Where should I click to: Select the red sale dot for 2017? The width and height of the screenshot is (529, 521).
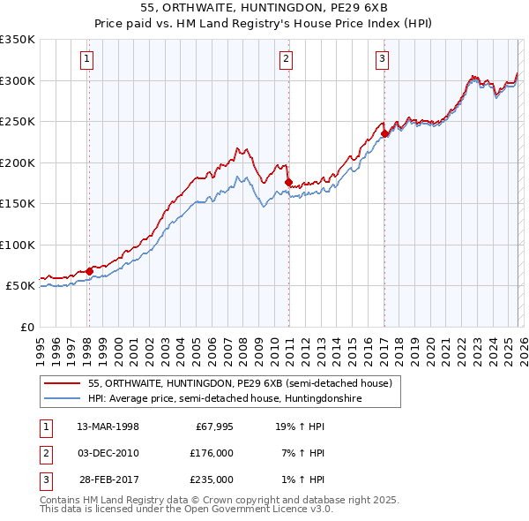(385, 134)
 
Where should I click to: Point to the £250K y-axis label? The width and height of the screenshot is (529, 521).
(18, 122)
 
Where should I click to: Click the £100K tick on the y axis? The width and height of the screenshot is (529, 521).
(18, 245)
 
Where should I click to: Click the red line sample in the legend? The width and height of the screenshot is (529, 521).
(63, 382)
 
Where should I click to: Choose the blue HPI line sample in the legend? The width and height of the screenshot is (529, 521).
(63, 398)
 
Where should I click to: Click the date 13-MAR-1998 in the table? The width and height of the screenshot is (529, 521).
(108, 427)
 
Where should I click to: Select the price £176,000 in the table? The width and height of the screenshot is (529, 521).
(211, 453)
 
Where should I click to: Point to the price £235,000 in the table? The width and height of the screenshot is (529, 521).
(211, 479)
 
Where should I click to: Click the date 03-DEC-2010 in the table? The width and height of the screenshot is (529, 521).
(108, 453)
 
